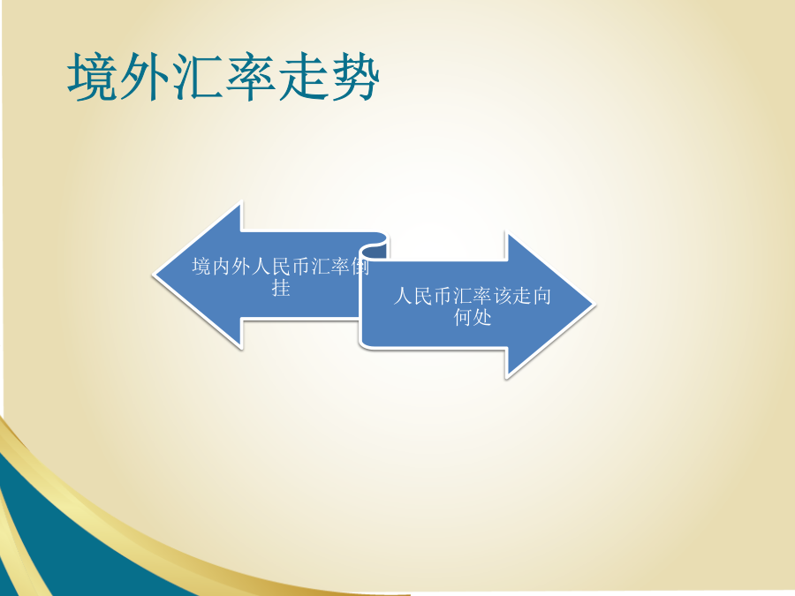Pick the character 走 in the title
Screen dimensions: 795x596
[303, 77]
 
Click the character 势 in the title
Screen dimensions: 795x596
[355, 77]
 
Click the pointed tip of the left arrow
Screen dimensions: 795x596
[154, 275]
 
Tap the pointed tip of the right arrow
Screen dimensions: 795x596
[594, 305]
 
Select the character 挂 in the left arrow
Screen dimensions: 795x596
[281, 288]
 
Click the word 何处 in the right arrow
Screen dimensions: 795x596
[473, 317]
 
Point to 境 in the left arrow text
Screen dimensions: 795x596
[201, 267]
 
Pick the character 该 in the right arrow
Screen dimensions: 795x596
[503, 296]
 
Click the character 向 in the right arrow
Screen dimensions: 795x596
[542, 296]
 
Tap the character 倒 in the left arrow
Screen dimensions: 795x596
[360, 267]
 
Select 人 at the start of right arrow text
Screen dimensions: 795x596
[403, 296]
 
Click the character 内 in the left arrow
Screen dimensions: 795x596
[221, 267]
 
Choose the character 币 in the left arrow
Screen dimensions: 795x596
[300, 267]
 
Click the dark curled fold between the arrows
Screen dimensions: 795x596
[375, 250]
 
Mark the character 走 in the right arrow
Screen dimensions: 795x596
[522, 296]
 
